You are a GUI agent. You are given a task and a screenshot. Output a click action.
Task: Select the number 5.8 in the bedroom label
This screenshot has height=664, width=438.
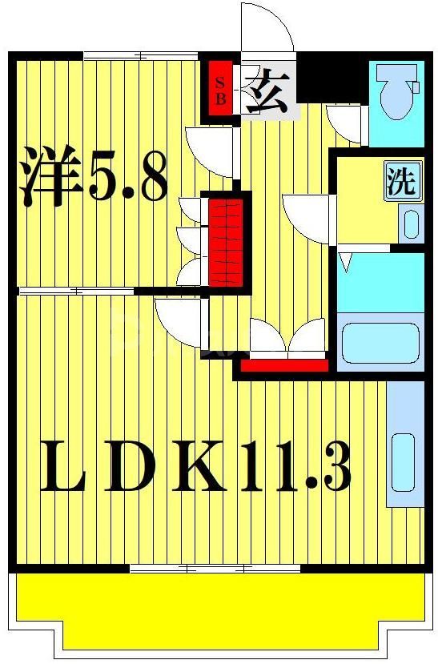coord(128,178)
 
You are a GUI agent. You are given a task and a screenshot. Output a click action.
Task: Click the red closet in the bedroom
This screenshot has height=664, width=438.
coord(225,241)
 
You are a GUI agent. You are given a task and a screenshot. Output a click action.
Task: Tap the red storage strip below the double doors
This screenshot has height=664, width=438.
coord(284,366)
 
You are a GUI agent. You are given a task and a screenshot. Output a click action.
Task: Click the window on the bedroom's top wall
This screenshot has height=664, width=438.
coord(141,56)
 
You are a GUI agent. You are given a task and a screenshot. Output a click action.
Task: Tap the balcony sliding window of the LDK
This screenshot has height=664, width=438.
coord(215,569)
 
